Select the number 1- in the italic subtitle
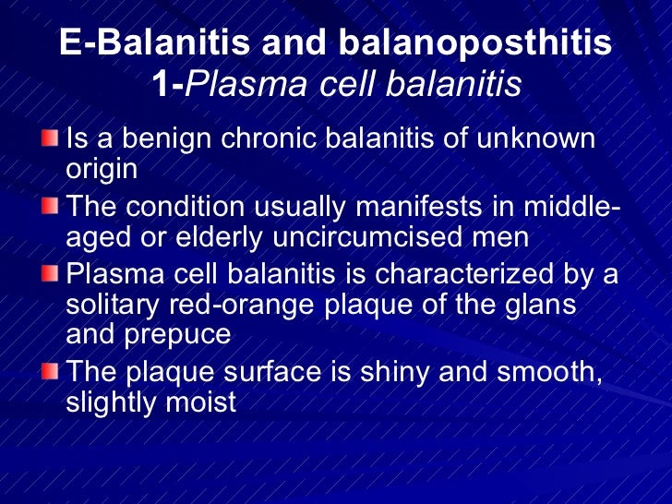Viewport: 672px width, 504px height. pos(168,85)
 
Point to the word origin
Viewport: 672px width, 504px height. pos(102,169)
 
